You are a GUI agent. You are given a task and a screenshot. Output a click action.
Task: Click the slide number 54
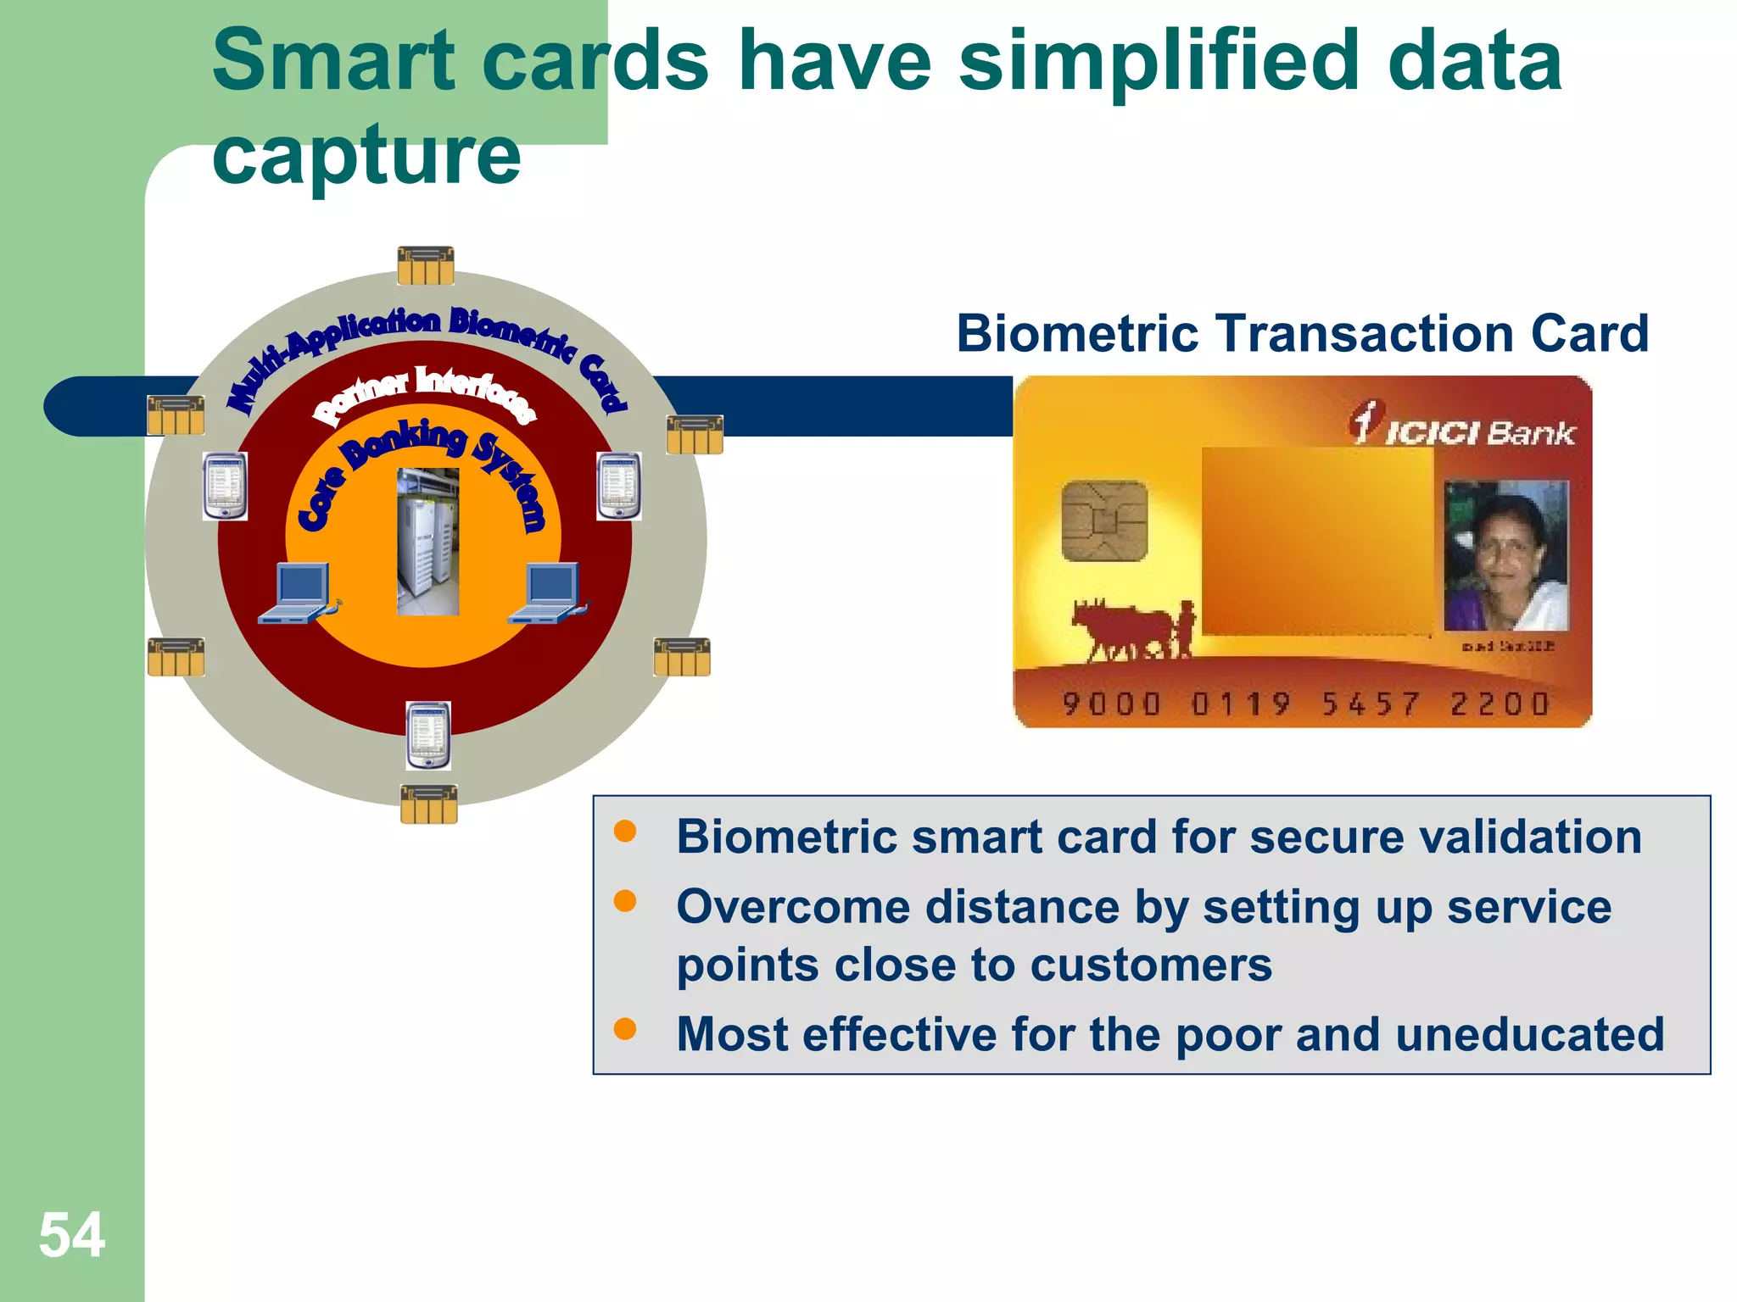pos(71,1235)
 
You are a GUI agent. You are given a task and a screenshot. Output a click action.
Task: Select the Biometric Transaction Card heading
pos(1302,333)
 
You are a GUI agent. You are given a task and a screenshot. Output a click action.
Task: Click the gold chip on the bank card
pos(1104,520)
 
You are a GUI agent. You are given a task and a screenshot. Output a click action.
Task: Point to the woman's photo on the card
pos(1505,555)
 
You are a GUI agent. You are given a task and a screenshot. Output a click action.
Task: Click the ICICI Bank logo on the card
pos(1462,426)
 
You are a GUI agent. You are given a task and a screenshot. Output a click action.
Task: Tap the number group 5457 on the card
pos(1371,704)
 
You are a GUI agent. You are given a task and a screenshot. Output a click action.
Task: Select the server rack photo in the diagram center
pos(428,541)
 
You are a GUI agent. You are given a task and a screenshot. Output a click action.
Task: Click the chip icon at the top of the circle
pos(426,265)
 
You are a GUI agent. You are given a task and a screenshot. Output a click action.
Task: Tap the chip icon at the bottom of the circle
pos(428,804)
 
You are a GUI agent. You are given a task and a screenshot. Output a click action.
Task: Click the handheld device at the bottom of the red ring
pos(428,735)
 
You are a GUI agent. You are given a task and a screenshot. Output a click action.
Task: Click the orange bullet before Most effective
pos(625,1029)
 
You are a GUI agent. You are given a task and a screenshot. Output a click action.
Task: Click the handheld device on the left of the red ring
pos(225,486)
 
